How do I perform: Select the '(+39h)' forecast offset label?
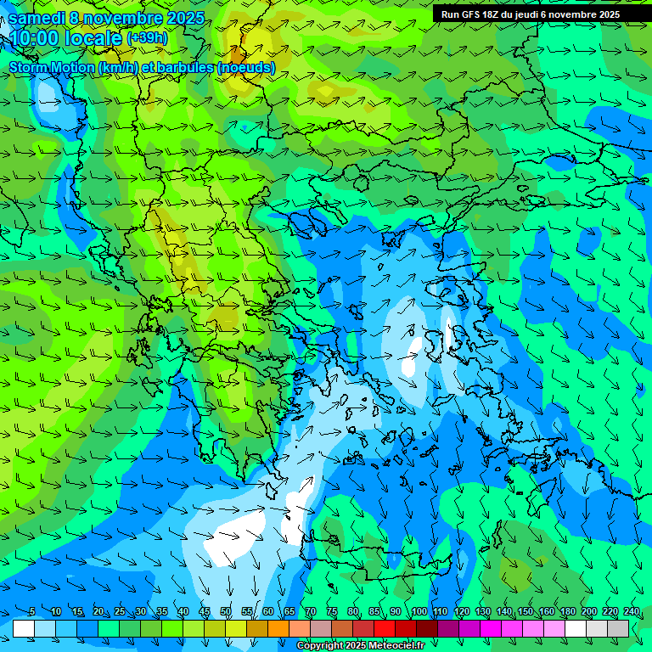(147, 38)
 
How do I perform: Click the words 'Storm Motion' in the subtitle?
(52, 67)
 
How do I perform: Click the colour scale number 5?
(31, 611)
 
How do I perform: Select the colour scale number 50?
(225, 611)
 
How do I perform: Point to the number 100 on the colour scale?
(419, 611)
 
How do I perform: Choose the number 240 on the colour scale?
(632, 611)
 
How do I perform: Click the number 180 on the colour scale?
(567, 611)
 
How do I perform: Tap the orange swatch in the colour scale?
(278, 628)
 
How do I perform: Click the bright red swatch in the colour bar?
(385, 628)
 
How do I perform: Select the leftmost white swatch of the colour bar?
(24, 628)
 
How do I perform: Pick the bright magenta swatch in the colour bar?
(491, 628)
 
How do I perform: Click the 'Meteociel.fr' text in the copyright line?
(396, 646)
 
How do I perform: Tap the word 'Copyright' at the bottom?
(320, 646)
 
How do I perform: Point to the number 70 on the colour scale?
(310, 611)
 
